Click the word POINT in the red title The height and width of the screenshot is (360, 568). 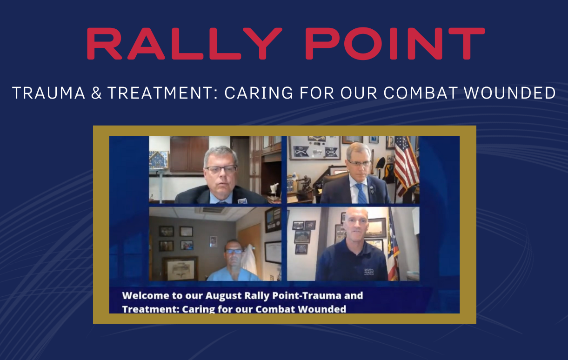[394, 44]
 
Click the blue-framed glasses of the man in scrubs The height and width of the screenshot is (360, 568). [234, 251]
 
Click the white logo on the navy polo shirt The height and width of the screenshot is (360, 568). [372, 273]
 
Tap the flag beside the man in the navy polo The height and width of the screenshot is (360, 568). [393, 247]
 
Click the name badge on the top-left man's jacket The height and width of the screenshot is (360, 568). [242, 200]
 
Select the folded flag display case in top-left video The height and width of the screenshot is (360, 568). [158, 160]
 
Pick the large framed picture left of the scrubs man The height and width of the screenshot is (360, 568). [180, 268]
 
